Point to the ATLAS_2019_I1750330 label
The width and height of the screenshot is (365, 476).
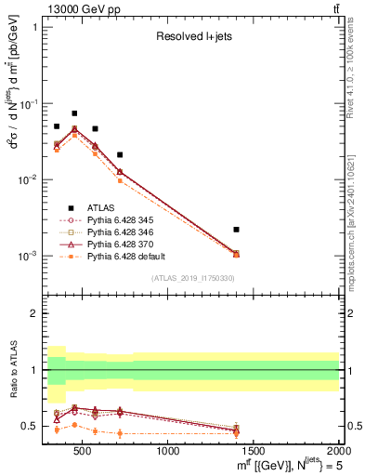(x=193, y=278)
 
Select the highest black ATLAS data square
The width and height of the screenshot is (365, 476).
(x=74, y=113)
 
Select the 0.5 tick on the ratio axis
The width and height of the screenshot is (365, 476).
(x=32, y=426)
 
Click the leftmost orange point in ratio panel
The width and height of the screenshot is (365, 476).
(x=57, y=430)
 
